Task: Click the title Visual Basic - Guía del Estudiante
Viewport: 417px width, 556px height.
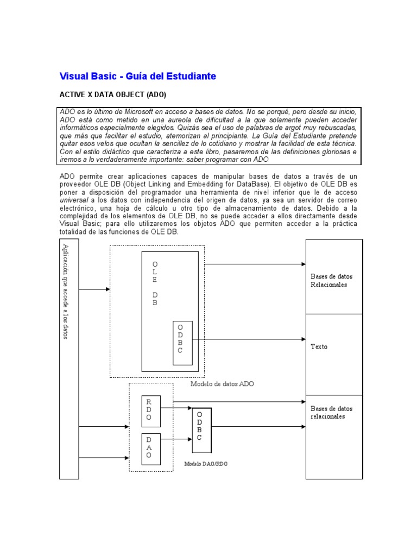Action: coord(137,76)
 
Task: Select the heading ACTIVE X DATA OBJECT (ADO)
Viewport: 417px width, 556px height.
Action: coord(112,94)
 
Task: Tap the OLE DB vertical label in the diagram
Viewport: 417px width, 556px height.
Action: coord(155,283)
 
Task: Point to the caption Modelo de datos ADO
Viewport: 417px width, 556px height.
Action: coord(222,384)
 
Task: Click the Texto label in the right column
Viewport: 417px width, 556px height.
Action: coord(319,346)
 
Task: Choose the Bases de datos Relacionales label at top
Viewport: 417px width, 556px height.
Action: coord(331,280)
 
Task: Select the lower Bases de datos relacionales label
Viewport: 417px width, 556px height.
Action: coord(331,413)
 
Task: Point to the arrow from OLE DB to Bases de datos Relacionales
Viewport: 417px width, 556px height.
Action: coord(255,264)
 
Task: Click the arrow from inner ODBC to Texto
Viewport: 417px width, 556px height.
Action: coord(247,339)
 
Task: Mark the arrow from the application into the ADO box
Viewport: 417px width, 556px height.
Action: coord(94,289)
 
